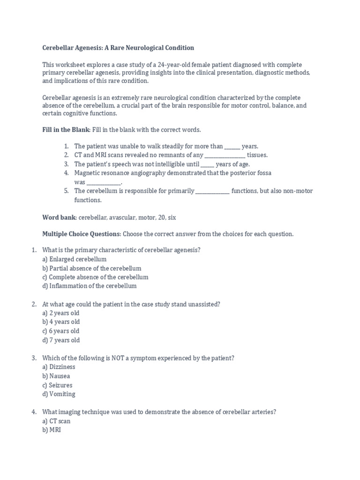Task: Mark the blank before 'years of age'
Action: [208, 164]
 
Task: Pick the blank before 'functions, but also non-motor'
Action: [212, 191]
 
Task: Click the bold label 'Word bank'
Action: [60, 217]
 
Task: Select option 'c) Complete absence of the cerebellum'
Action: [95, 277]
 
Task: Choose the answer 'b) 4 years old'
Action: [61, 322]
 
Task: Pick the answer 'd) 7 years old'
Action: [61, 340]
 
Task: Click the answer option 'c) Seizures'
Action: [57, 385]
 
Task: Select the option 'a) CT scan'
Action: [56, 421]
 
